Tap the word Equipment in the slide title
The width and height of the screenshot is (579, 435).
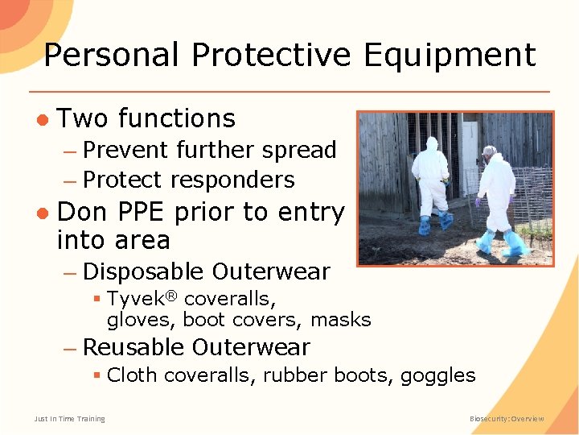pyautogui.click(x=450, y=56)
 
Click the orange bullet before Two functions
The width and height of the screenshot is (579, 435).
pyautogui.click(x=43, y=119)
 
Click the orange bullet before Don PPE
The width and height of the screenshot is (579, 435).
pyautogui.click(x=43, y=213)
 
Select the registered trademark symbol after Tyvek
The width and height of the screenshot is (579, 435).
pyautogui.click(x=170, y=293)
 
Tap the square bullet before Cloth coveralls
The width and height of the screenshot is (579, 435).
pyautogui.click(x=96, y=375)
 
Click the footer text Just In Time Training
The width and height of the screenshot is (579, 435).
pyautogui.click(x=69, y=419)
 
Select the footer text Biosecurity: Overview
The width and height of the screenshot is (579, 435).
pyautogui.click(x=507, y=419)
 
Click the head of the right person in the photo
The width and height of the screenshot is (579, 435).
pyautogui.click(x=489, y=151)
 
